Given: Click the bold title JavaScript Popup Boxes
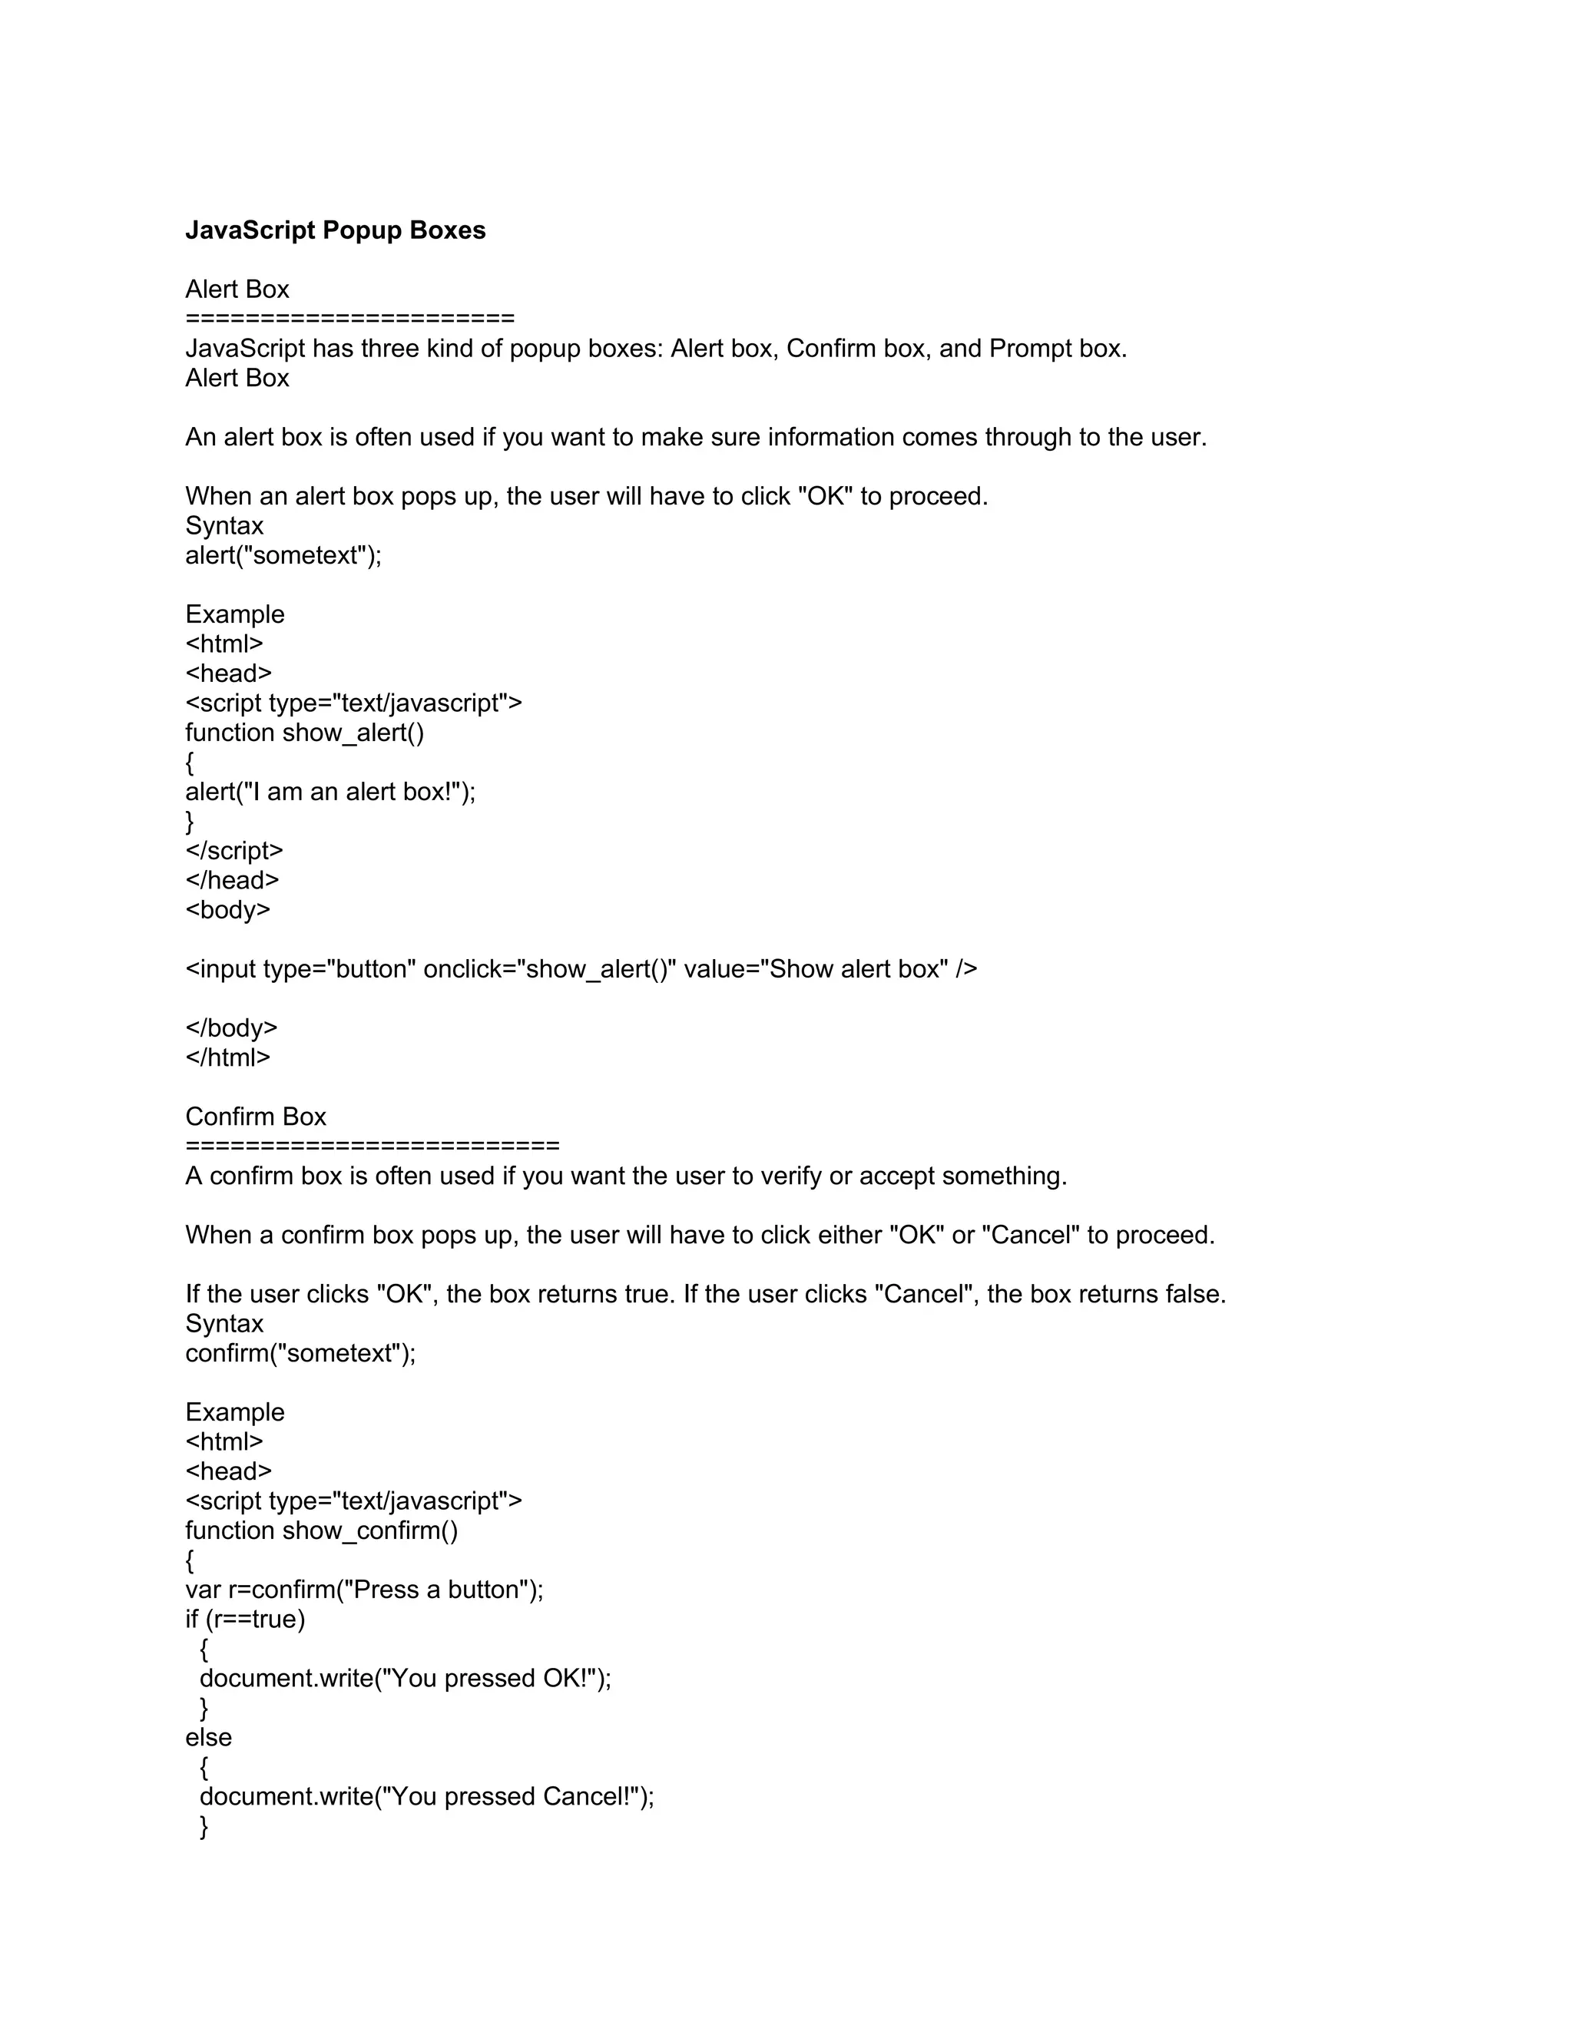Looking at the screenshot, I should pyautogui.click(x=336, y=230).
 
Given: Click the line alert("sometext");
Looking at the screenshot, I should pyautogui.click(x=283, y=555).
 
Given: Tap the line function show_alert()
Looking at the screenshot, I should pyautogui.click(x=305, y=733).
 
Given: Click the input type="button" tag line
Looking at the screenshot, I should pyautogui.click(x=581, y=969).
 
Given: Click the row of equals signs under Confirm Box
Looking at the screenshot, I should pyautogui.click(x=372, y=1145).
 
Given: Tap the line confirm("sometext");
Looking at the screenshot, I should pyautogui.click(x=300, y=1353).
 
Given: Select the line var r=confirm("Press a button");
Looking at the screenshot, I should pyautogui.click(x=364, y=1590).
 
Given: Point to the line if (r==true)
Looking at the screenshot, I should pyautogui.click(x=245, y=1620).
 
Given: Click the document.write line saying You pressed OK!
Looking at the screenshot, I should pyautogui.click(x=406, y=1678).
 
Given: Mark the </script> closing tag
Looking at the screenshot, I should pyautogui.click(x=234, y=851).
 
